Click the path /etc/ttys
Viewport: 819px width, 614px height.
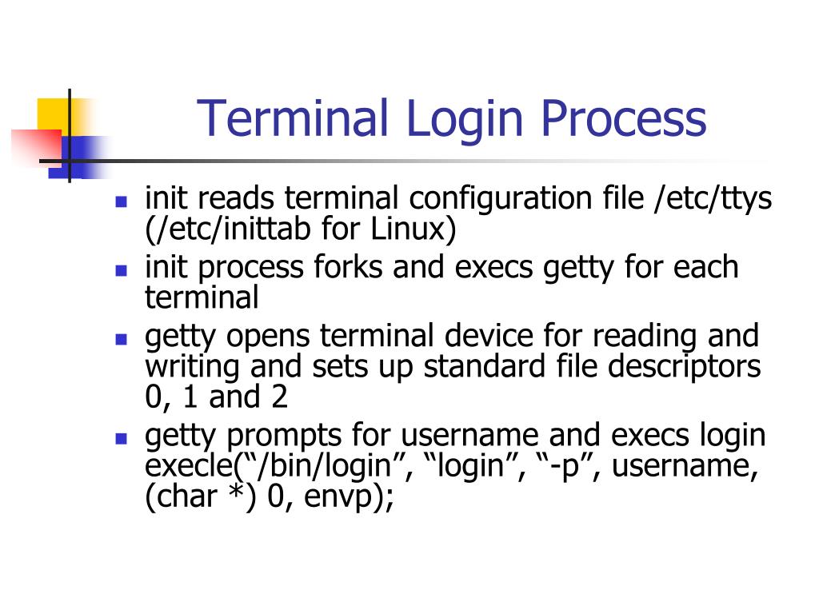[x=713, y=199]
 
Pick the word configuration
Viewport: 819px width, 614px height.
[x=496, y=199]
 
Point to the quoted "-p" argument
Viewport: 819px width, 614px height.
[x=561, y=467]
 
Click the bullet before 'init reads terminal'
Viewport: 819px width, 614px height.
[x=122, y=201]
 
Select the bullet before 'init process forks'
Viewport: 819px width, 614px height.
[x=122, y=269]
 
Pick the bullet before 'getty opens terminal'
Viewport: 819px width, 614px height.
[x=122, y=338]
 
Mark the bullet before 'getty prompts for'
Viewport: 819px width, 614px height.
[x=122, y=437]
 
